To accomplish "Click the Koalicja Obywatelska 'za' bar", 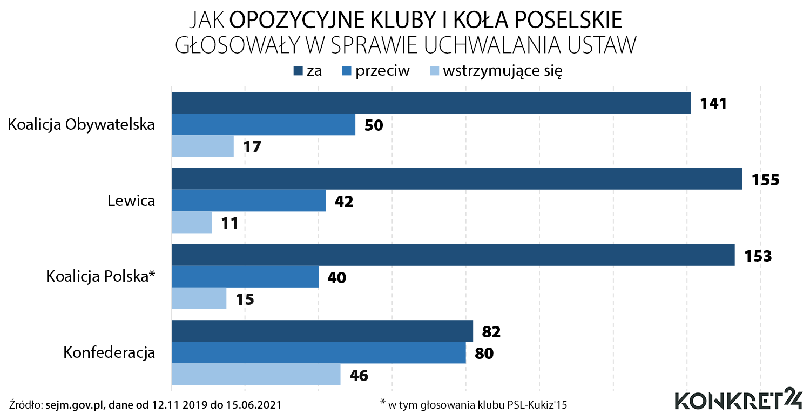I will pos(431,103).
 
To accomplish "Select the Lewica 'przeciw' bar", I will pos(248,201).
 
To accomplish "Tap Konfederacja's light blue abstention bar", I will pos(255,374).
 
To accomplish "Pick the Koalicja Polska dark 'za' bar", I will pos(453,255).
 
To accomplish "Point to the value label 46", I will pos(359,375).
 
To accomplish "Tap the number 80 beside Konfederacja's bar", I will pos(484,353).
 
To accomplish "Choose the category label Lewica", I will pos(131,201).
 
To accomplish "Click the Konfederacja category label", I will pos(109,353).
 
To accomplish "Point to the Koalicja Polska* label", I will pos(101,277).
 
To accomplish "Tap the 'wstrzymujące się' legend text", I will pos(503,71).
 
